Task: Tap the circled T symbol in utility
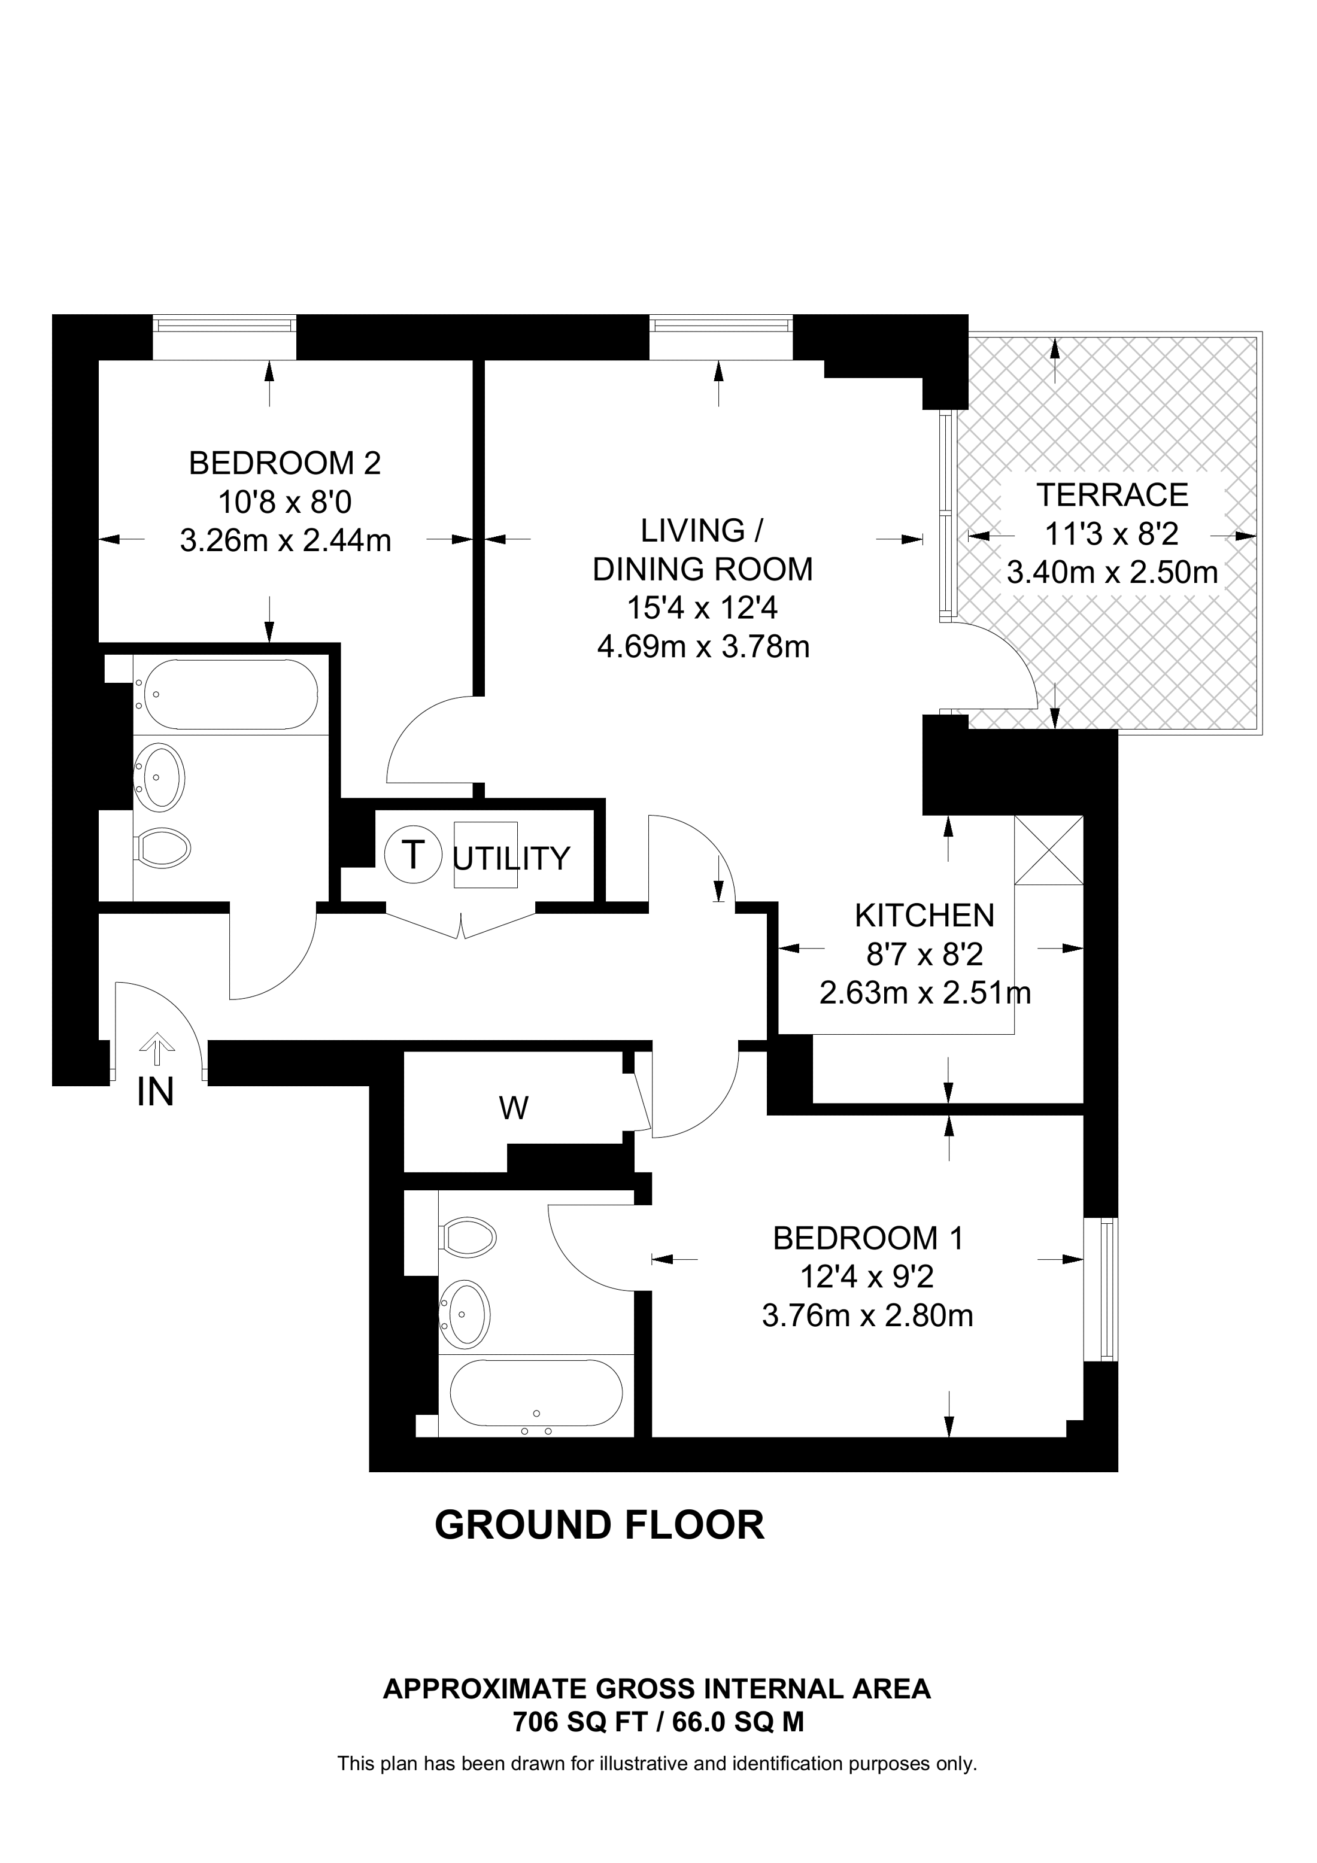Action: [413, 855]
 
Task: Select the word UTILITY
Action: [511, 858]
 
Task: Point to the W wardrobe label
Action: [514, 1108]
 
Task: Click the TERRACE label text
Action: [1112, 494]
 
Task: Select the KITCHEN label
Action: [924, 915]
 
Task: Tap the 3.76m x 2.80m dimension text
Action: [867, 1315]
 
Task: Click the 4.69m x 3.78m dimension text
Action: [703, 647]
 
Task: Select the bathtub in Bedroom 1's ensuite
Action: [536, 1393]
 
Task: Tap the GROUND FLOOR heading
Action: [600, 1525]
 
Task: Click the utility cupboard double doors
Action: [461, 923]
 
